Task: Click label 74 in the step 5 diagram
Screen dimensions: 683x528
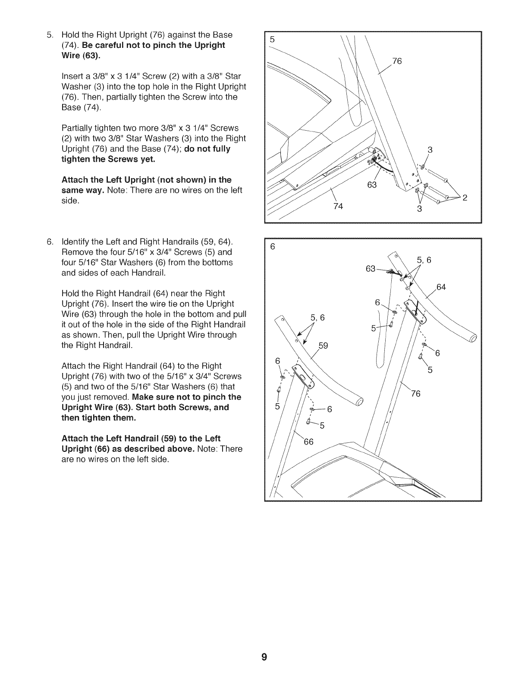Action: [338, 206]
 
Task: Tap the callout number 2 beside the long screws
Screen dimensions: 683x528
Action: [465, 198]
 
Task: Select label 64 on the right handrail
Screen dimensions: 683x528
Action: [441, 287]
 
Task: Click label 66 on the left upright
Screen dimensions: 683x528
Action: [309, 442]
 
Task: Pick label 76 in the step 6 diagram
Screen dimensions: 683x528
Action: [415, 393]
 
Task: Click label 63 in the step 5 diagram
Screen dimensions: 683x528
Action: [371, 185]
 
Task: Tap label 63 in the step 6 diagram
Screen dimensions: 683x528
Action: [371, 269]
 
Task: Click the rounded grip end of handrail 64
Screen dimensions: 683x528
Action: [473, 338]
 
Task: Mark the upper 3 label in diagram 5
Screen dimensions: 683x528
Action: [430, 150]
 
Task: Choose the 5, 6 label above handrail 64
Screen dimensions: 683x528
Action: [424, 260]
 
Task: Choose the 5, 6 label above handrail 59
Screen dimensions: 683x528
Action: [317, 318]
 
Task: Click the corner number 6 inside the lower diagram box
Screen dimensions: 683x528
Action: [272, 247]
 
